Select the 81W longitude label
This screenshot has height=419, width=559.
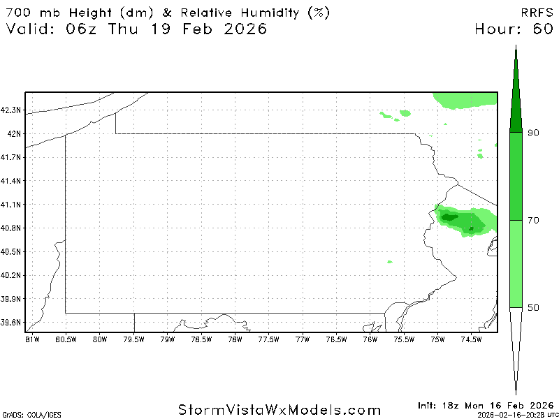point(31,340)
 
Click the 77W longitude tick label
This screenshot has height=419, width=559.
point(302,340)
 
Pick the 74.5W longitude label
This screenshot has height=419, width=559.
point(472,340)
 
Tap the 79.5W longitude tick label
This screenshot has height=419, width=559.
point(133,340)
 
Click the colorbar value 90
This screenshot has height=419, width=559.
point(533,133)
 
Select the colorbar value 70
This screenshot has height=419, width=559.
point(533,221)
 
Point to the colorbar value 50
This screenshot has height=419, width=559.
point(533,308)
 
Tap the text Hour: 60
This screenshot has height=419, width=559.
point(514,29)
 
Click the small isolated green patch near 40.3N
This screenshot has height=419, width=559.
point(390,262)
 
